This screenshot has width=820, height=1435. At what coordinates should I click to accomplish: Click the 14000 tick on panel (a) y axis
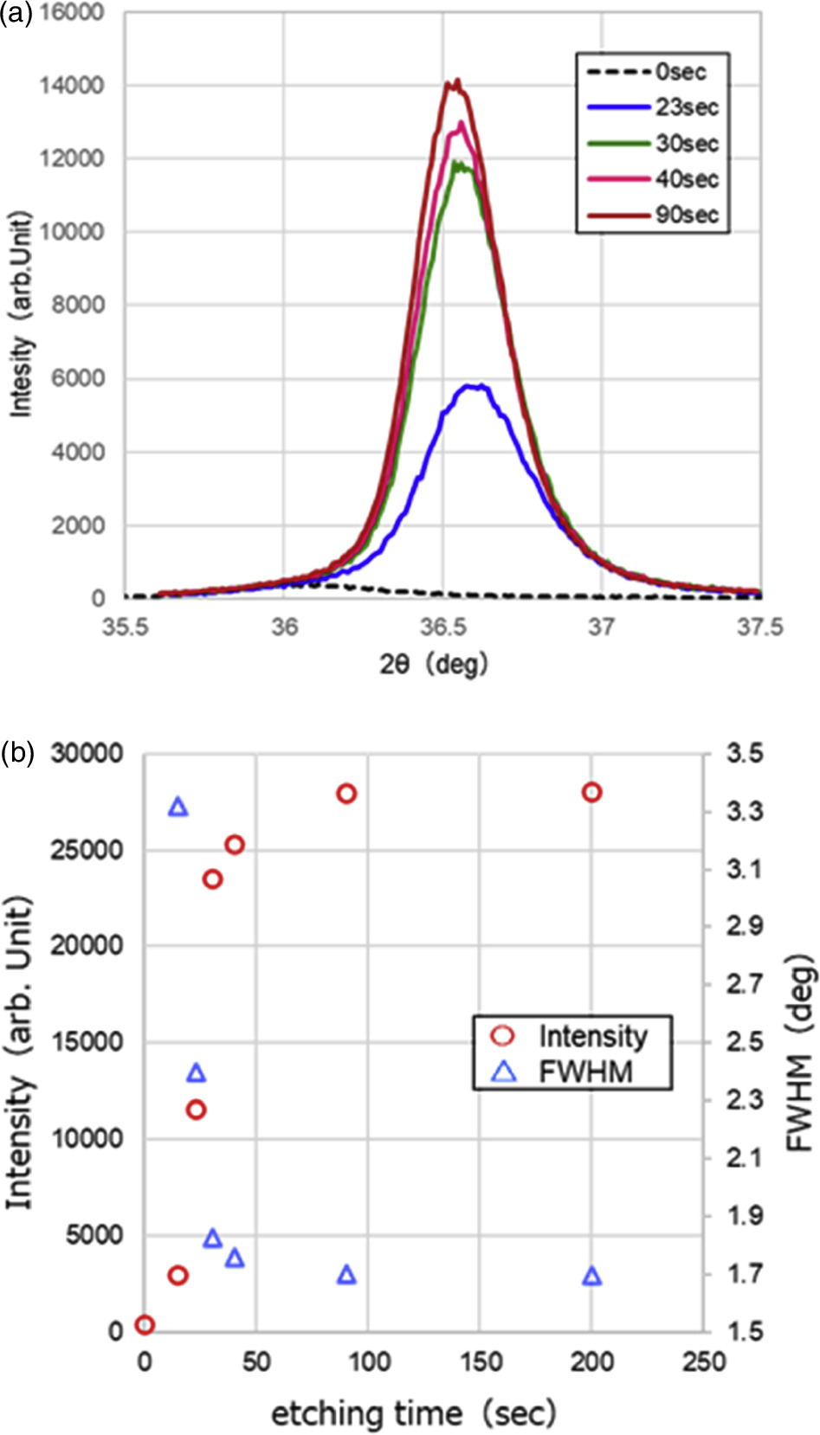[71, 85]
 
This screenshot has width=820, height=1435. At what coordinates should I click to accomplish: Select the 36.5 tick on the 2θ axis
[442, 627]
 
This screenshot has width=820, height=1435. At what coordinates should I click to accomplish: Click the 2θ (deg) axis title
[433, 665]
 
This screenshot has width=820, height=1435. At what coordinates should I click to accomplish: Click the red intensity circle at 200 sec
[591, 792]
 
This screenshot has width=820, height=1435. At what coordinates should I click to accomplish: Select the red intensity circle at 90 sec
[346, 794]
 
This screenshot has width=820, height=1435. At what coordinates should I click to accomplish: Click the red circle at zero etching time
[145, 1325]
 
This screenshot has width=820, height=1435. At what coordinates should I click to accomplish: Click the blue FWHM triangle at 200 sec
[591, 1276]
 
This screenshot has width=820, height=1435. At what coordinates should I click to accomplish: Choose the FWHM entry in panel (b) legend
[571, 1071]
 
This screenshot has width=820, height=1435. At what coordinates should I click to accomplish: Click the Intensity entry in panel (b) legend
[571, 1035]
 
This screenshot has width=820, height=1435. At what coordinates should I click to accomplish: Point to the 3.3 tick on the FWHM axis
[745, 811]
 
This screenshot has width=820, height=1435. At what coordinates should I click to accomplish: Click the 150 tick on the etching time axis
[480, 1361]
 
